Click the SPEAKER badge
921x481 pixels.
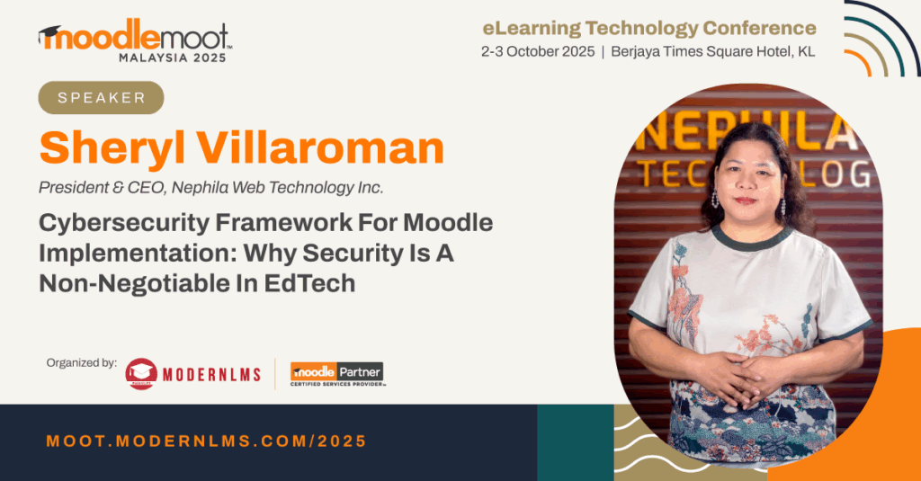101,97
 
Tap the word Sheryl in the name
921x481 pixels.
112,149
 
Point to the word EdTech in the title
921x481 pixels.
309,284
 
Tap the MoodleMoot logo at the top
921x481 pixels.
135,36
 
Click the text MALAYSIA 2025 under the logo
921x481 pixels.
173,58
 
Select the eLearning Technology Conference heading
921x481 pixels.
649,28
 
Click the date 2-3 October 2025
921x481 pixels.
538,51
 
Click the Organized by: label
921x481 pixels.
82,363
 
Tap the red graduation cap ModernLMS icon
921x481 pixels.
141,373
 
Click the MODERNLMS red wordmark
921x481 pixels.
211,375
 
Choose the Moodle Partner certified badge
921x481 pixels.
337,374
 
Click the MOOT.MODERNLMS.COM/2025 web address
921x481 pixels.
207,441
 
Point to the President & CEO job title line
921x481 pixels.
210,187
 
